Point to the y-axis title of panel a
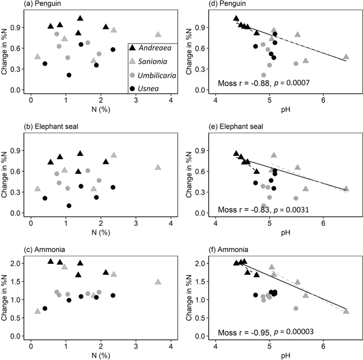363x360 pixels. pos(5,52)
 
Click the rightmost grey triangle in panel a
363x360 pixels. pos(158,34)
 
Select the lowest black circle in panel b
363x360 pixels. pos(69,206)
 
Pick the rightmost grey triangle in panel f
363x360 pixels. pos(346,311)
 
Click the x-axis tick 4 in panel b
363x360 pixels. pos(171,224)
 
